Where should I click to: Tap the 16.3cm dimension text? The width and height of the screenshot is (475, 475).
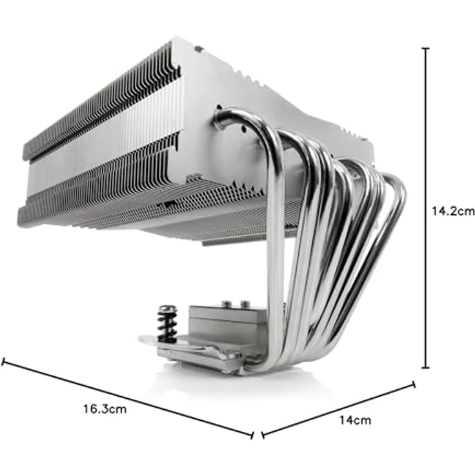[x=104, y=409]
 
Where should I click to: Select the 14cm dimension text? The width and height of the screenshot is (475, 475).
[x=355, y=420]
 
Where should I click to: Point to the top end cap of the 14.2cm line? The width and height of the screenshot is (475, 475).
[x=425, y=48]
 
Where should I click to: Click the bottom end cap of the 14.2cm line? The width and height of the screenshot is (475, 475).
[x=425, y=367]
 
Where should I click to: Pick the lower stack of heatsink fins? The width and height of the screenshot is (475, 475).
[x=129, y=194]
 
